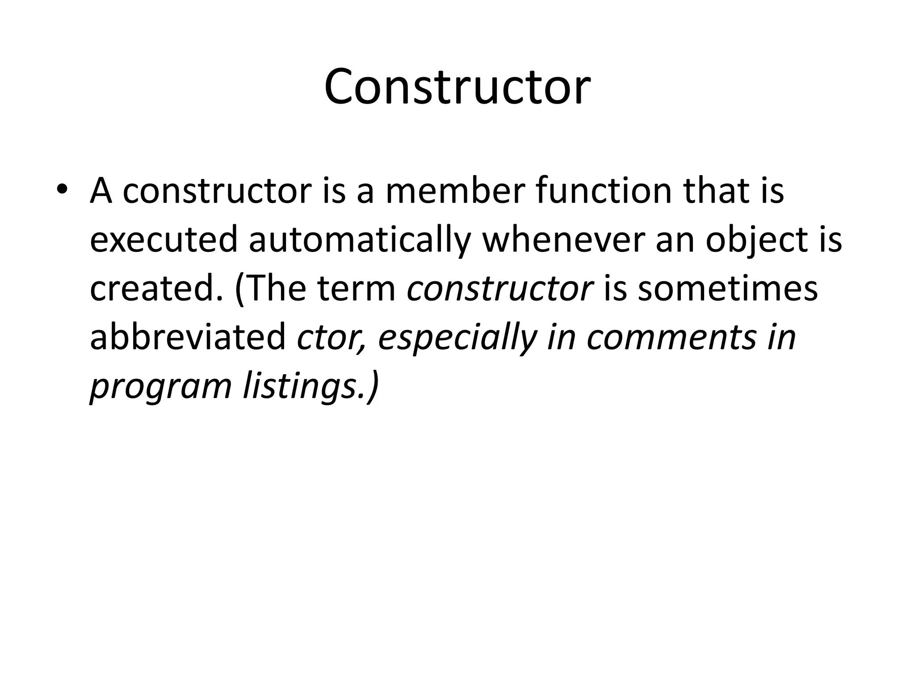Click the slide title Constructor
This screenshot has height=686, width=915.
click(457, 87)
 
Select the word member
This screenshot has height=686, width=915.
click(453, 191)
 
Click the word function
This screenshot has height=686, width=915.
click(603, 191)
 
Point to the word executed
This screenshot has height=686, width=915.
click(164, 240)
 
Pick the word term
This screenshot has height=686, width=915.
click(356, 289)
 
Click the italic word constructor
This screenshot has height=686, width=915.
click(500, 289)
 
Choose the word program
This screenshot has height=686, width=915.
click(160, 387)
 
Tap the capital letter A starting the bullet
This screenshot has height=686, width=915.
click(101, 191)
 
